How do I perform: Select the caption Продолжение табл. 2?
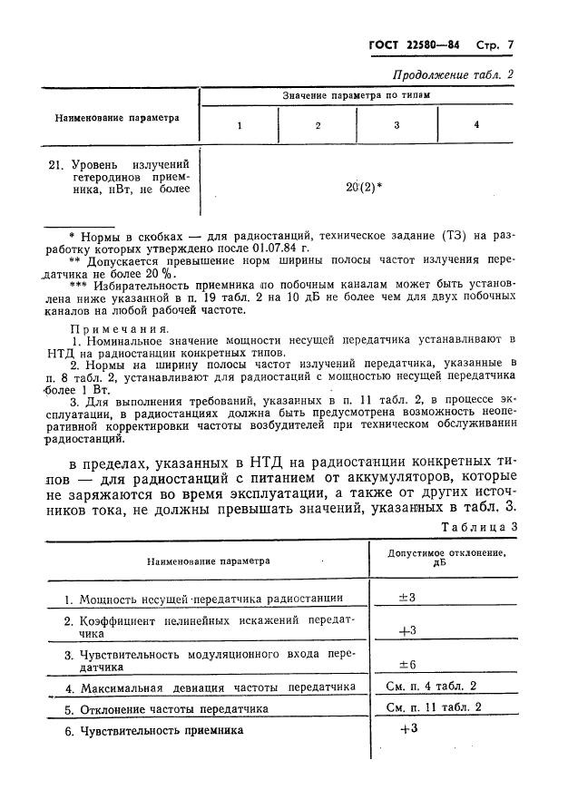(453, 73)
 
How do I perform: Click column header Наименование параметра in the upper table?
(117, 117)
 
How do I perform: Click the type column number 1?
(239, 125)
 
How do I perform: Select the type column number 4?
(476, 125)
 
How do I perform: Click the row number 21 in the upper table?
(54, 163)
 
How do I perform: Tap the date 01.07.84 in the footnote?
(280, 247)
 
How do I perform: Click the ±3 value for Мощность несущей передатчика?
(406, 598)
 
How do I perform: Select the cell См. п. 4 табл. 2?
(431, 687)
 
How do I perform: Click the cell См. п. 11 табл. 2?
(434, 707)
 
